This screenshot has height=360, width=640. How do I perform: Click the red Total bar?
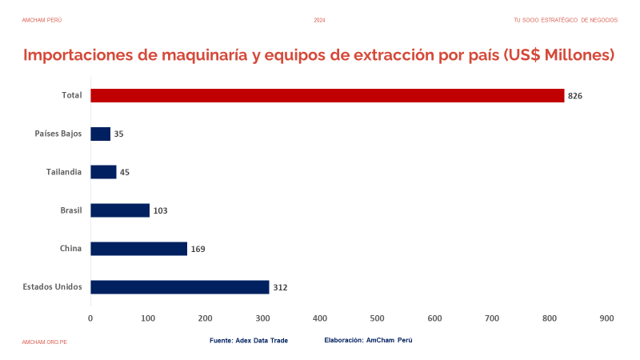327,96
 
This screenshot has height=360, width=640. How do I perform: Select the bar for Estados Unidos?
180,287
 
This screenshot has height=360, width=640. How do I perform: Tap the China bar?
138,249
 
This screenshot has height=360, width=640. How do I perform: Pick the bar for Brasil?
120,210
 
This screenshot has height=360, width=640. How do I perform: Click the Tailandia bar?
103,172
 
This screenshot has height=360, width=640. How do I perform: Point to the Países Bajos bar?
100,134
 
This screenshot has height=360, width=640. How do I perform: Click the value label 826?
574,96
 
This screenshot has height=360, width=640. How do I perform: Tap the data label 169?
198,249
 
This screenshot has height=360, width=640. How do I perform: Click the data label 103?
160,210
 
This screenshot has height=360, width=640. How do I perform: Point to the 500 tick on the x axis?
377,318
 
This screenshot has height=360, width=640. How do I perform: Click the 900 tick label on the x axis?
606,318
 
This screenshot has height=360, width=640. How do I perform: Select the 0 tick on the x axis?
90,318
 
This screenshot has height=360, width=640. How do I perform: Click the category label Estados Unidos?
52,286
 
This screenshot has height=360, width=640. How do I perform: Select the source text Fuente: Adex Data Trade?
248,341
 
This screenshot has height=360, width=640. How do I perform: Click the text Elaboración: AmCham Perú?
368,341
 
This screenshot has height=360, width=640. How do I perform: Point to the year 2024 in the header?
319,19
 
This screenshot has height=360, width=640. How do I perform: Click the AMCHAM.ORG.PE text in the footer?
44,342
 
